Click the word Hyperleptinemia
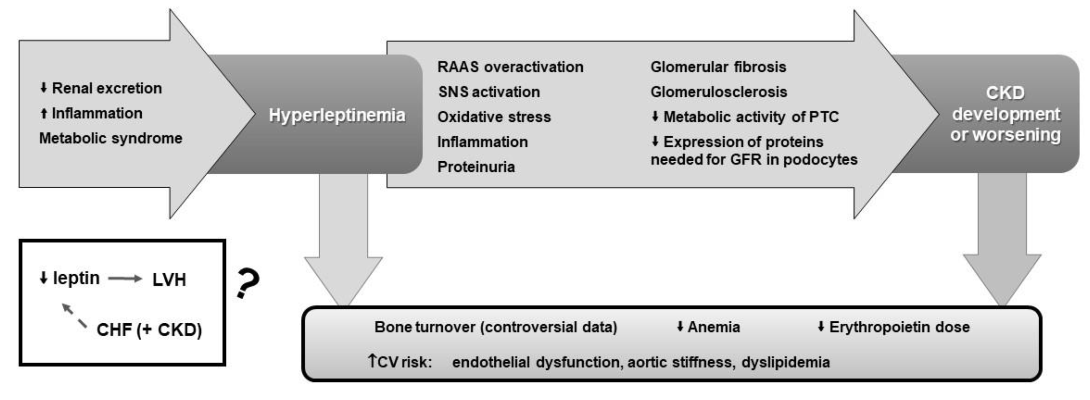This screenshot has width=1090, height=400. click(x=337, y=115)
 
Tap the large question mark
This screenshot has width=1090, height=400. click(x=248, y=284)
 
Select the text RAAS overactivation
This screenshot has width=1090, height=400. click(x=510, y=67)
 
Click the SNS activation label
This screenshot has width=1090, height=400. click(x=489, y=92)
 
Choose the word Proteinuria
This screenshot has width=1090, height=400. click(x=476, y=167)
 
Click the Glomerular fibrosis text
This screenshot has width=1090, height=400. click(x=718, y=67)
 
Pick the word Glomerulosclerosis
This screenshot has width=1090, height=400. click(x=718, y=92)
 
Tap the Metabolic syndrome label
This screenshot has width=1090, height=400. click(x=111, y=138)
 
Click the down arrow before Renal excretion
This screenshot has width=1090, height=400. click(x=43, y=88)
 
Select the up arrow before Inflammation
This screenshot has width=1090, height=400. click(x=43, y=113)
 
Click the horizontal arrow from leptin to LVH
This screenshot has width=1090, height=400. click(x=125, y=279)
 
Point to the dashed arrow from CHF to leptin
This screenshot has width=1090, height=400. click(x=74, y=315)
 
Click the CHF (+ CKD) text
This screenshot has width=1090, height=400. click(x=149, y=330)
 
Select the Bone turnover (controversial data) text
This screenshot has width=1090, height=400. click(x=496, y=327)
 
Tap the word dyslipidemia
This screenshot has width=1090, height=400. click(x=785, y=362)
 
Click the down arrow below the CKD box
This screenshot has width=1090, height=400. click(x=1002, y=254)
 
